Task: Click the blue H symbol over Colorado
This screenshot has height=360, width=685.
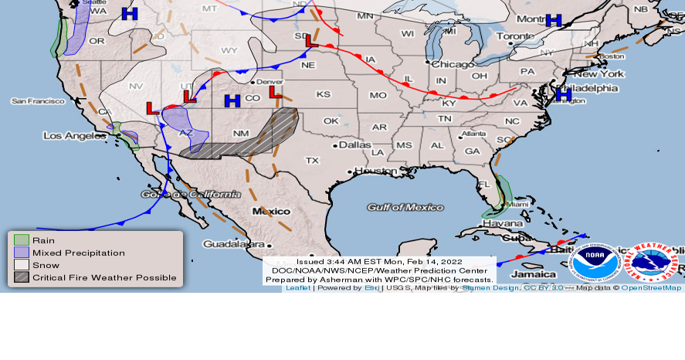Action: coord(232,100)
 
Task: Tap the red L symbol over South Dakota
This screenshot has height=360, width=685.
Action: coord(311,41)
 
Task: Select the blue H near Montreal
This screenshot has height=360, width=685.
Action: coord(553,21)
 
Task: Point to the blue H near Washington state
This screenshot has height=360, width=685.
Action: coord(130,14)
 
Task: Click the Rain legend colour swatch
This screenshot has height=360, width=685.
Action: coord(22,240)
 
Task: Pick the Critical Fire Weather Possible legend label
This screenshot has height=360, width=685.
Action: coord(104,277)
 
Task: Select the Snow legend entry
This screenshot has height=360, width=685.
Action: coord(46,265)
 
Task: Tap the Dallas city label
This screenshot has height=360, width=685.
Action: coord(354,144)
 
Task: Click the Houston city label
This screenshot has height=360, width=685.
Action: coord(375,171)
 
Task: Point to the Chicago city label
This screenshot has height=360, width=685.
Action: coord(453,64)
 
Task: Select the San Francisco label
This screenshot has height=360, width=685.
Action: coord(38,101)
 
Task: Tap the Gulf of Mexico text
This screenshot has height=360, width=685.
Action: coord(405,207)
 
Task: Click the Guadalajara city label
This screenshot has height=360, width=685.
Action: coord(224,243)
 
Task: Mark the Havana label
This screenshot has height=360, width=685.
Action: coord(503,224)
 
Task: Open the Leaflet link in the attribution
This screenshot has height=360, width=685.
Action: coord(298,288)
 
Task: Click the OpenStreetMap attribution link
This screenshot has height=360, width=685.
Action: coord(651,288)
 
